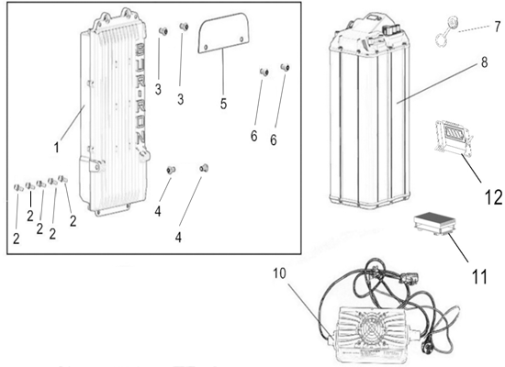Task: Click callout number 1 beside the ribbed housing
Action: [x=57, y=148]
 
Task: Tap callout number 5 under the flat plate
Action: [x=223, y=104]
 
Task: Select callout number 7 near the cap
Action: [x=498, y=27]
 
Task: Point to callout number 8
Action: [x=485, y=62]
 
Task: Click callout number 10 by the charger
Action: [x=279, y=273]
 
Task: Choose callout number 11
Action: [x=479, y=276]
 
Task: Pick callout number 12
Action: [x=493, y=196]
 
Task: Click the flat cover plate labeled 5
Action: [x=223, y=32]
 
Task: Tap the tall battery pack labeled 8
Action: [x=369, y=111]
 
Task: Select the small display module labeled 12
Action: [x=454, y=137]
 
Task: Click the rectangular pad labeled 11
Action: [x=433, y=225]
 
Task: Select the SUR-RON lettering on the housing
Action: [x=140, y=96]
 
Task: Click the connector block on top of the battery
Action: [x=392, y=31]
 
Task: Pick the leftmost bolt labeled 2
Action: [x=17, y=187]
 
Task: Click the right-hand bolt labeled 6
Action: [x=285, y=67]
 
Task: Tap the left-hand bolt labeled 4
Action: [x=170, y=170]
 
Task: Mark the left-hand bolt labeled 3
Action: [x=163, y=31]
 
